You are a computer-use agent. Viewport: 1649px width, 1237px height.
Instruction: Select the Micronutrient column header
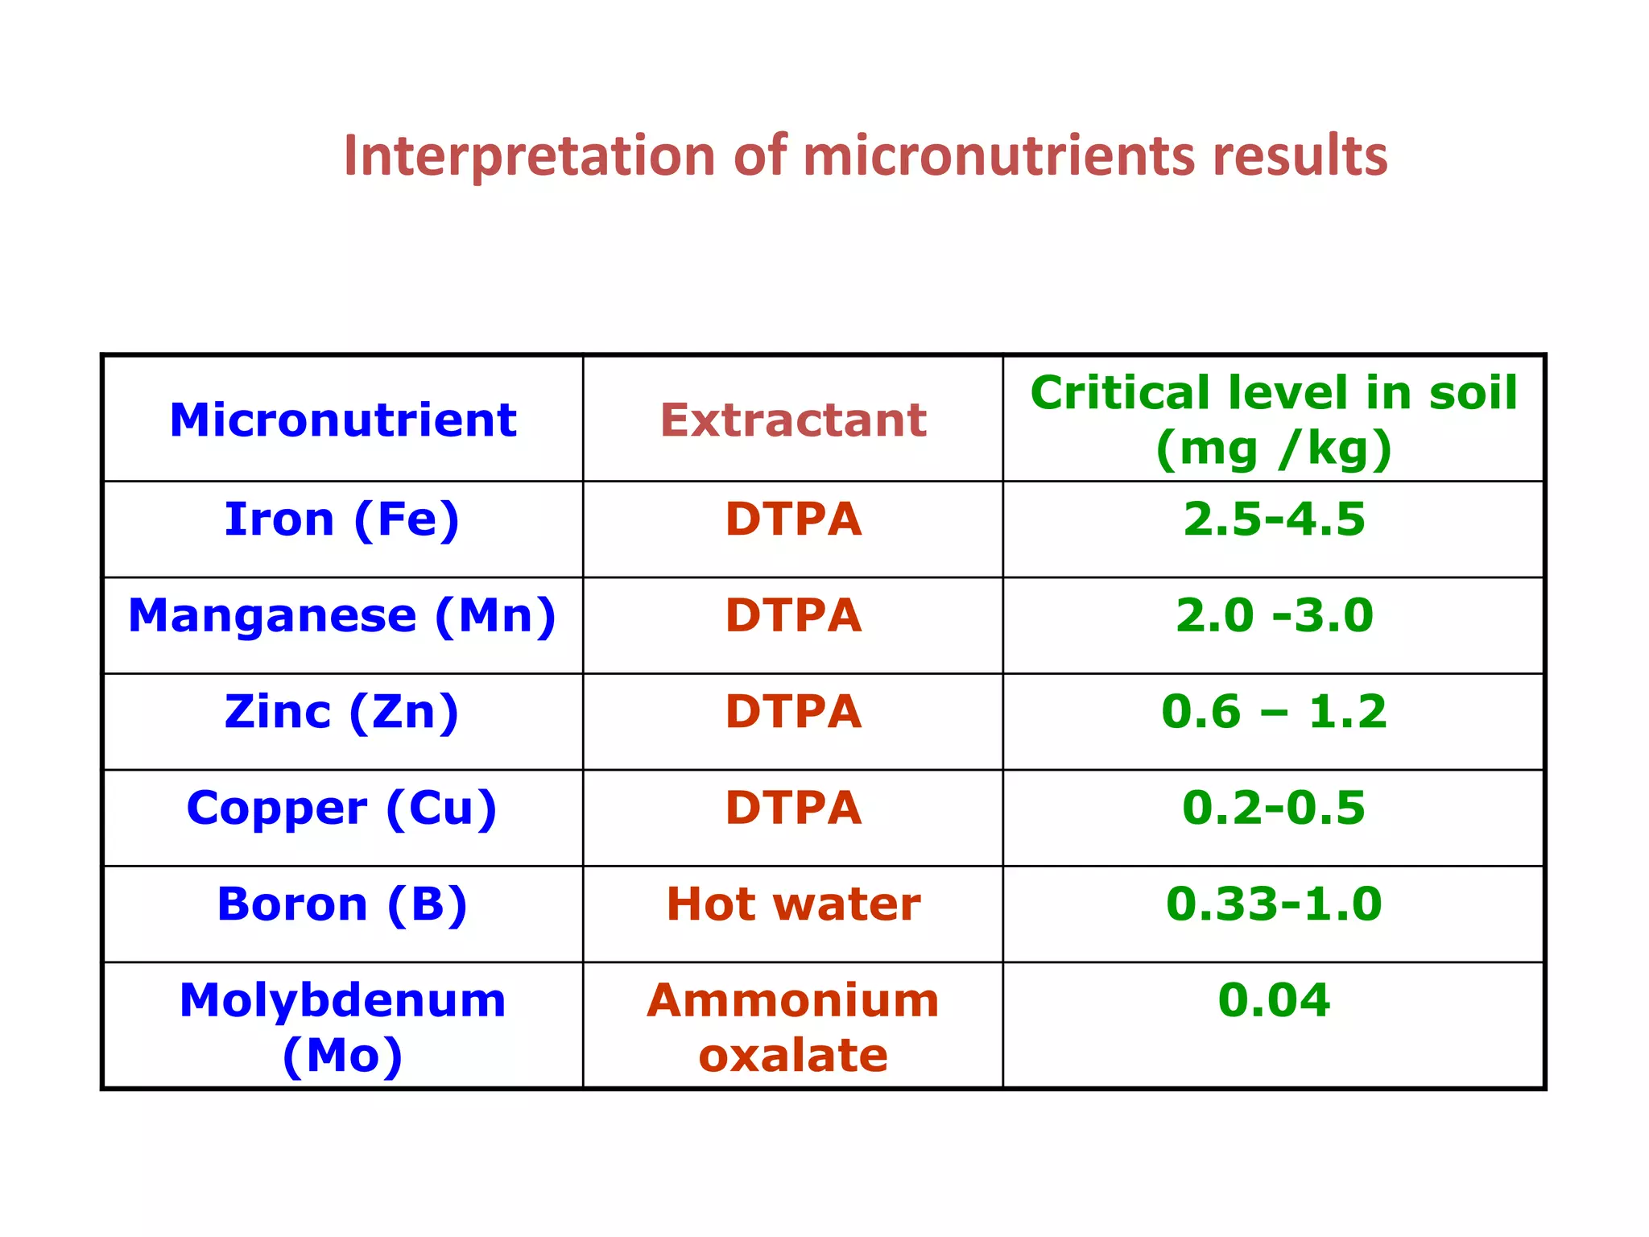click(x=343, y=420)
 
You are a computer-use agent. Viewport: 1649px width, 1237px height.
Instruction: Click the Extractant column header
click(x=793, y=420)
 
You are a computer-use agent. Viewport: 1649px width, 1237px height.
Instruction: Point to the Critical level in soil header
click(x=1274, y=420)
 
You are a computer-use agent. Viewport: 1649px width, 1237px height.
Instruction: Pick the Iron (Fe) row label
click(x=342, y=519)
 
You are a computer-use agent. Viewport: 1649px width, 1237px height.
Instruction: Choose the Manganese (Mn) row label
click(x=342, y=615)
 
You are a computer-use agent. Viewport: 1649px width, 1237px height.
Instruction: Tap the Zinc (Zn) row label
click(x=342, y=712)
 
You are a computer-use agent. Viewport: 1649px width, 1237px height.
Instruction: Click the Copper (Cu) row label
click(x=342, y=808)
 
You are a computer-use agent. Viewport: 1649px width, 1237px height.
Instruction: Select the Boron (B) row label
click(x=342, y=904)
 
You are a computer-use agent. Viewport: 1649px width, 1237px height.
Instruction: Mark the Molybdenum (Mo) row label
click(x=342, y=1027)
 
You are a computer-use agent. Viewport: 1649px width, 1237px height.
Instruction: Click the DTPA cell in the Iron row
click(x=793, y=519)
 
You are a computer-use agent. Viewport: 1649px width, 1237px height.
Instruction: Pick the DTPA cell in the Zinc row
click(x=793, y=712)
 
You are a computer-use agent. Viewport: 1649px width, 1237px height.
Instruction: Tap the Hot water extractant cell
click(x=793, y=904)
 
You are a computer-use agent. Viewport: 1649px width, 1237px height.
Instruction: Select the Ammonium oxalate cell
click(x=793, y=1027)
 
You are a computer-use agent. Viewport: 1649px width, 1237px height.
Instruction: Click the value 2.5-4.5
click(x=1274, y=519)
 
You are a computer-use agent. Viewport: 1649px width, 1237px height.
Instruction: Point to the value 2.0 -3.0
click(x=1274, y=615)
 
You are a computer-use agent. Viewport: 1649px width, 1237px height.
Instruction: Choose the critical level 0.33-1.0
click(x=1274, y=904)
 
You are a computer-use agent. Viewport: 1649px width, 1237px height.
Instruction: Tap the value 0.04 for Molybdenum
click(x=1274, y=1000)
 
